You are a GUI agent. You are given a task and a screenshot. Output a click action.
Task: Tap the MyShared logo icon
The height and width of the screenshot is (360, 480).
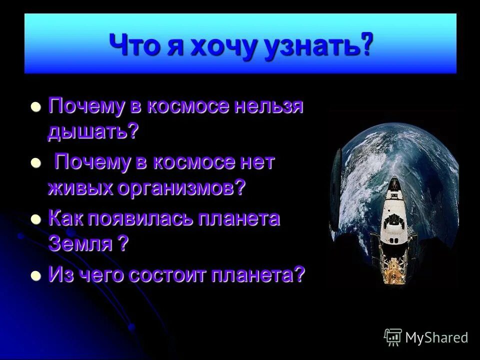[x=393, y=337]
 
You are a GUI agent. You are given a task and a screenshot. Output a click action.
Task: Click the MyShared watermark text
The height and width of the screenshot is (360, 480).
[x=436, y=337]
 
